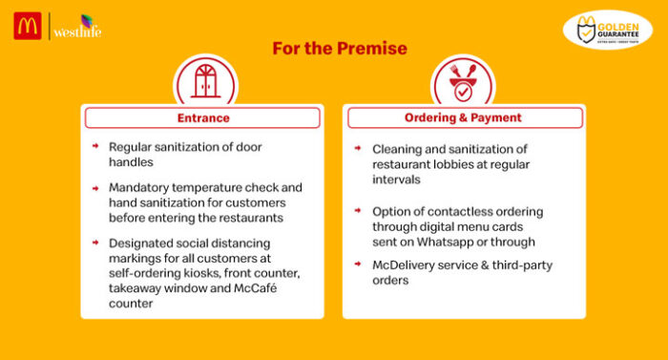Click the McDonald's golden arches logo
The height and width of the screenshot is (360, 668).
tap(26, 26)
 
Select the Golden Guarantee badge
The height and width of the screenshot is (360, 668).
tap(607, 30)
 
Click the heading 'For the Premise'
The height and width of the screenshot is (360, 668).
tap(340, 48)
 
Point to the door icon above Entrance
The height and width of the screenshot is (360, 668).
tap(205, 80)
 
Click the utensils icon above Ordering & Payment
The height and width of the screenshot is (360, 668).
tap(463, 82)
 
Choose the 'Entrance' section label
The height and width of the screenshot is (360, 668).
tap(203, 117)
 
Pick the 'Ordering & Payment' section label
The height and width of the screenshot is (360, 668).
tap(463, 117)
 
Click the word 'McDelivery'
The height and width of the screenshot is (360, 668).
tap(406, 265)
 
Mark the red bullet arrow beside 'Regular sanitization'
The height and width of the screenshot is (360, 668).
tap(95, 147)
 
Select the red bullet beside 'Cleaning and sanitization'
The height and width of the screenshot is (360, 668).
tap(357, 149)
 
